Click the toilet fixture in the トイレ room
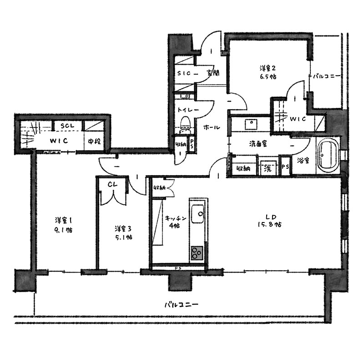coord(185,126)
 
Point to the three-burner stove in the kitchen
coord(197,253)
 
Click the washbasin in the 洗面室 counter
coord(251,125)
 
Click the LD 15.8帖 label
coord(270,221)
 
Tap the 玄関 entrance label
coord(213,73)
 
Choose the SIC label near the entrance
coord(184,73)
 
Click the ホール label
coord(212,127)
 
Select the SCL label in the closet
coord(67,126)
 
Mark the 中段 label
coord(94,141)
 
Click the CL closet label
coord(112,185)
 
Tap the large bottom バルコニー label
coord(181,304)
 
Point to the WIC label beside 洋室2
coord(298,119)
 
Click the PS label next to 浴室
coord(285,167)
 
